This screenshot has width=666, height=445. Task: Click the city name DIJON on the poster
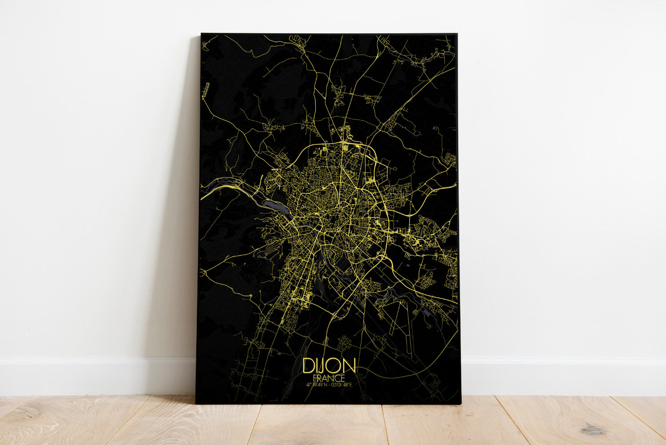point(329,366)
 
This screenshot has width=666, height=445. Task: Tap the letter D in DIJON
point(308,366)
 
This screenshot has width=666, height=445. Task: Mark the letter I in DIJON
point(317,366)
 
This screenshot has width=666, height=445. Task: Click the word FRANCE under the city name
point(329,378)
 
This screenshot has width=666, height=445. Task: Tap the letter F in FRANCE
point(315,378)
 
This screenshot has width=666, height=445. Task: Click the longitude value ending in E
point(341,385)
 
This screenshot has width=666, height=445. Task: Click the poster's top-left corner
point(201,33)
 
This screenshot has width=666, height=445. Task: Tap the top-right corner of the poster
point(457,33)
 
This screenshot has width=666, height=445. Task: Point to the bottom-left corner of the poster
point(196,403)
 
